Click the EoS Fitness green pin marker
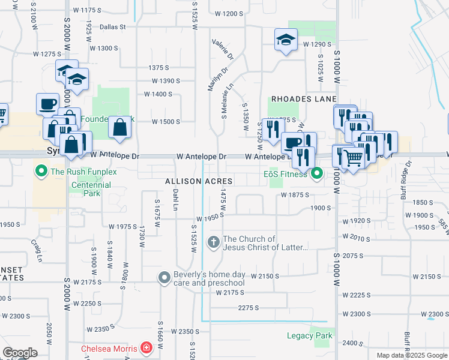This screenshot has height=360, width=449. [x=317, y=174]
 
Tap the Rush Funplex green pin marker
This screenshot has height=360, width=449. [x=41, y=172]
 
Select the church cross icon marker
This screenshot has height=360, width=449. [x=213, y=242]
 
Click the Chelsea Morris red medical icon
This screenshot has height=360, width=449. [x=146, y=347]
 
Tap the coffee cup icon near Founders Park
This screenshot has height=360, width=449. [x=47, y=104]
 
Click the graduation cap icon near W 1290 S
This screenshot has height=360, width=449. [x=286, y=40]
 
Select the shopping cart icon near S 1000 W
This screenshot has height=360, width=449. [x=354, y=157]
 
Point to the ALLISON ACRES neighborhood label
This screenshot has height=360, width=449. [x=199, y=181]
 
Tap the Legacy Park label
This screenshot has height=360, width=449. [x=309, y=335]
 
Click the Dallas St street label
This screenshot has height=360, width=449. [x=113, y=26]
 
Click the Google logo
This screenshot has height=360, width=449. [x=20, y=353]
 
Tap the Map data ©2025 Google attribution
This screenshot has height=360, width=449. [x=411, y=355]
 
